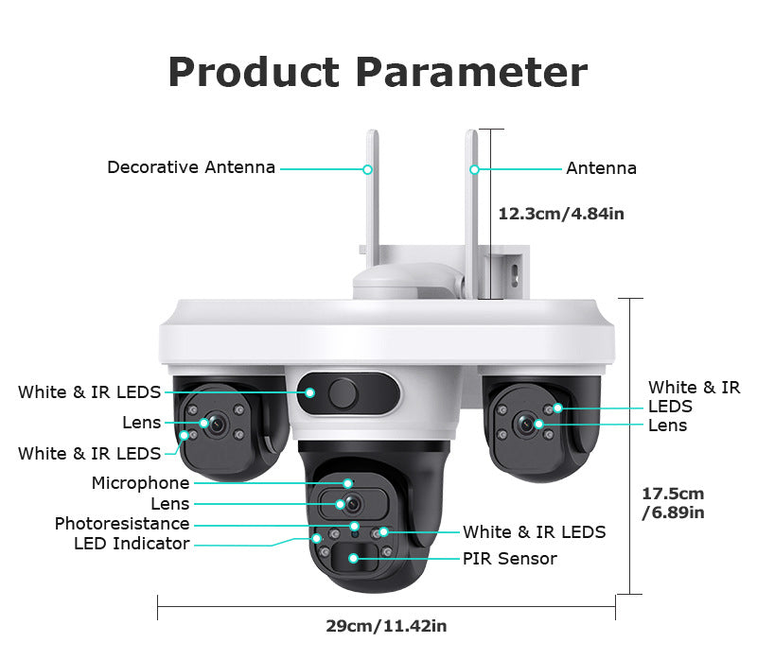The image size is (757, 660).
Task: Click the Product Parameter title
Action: point(378,72)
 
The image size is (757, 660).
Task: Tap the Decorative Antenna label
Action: point(191,167)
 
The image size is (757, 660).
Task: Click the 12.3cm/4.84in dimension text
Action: point(561,214)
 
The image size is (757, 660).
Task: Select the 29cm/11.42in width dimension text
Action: point(386,626)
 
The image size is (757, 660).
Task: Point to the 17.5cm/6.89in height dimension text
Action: point(673,503)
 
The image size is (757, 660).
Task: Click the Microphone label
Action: point(140,482)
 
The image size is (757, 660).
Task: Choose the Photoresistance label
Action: point(122,524)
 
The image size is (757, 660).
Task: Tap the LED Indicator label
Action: point(132,544)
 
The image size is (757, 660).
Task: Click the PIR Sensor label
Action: point(510,559)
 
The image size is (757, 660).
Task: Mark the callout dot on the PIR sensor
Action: point(353,558)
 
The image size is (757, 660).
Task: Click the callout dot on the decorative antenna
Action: point(367,169)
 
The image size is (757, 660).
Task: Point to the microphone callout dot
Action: point(347,483)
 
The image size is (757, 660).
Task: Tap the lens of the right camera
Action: point(525,425)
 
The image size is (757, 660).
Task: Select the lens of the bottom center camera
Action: point(353,504)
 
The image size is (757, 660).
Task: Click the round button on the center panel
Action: point(343,393)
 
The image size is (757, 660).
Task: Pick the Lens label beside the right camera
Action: point(668,426)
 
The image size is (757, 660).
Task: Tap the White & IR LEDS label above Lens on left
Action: point(89,392)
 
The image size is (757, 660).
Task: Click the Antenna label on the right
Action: point(601,168)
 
